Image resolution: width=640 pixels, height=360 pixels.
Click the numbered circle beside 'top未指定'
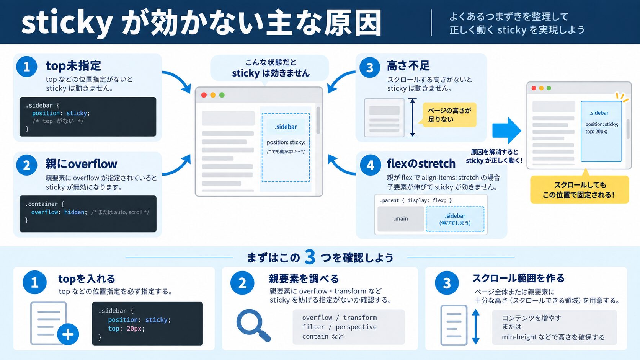[26, 67]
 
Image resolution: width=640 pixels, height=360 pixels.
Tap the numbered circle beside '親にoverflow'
[26, 165]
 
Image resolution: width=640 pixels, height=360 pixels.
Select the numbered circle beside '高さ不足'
[370, 67]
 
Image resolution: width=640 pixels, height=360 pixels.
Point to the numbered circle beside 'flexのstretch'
[370, 165]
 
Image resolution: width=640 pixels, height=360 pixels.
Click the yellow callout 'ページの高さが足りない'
[449, 115]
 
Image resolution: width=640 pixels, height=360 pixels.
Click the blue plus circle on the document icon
[68, 334]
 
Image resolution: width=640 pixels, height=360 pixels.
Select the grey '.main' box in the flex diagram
[400, 219]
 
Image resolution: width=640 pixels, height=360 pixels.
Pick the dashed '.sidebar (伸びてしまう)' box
[455, 219]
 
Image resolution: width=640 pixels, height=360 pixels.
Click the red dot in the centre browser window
[204, 95]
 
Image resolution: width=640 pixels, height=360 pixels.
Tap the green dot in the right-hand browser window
[549, 88]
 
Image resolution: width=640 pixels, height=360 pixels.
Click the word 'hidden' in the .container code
[74, 212]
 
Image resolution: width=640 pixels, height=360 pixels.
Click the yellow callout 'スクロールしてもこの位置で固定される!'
[580, 189]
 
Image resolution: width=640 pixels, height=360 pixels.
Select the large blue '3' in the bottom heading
[310, 257]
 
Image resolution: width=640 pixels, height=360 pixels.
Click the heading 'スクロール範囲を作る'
[518, 278]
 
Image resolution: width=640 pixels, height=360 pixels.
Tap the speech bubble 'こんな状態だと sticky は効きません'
[269, 68]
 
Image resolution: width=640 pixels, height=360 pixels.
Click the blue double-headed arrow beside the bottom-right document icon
[476, 327]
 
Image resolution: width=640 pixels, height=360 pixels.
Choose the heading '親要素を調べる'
[304, 279]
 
